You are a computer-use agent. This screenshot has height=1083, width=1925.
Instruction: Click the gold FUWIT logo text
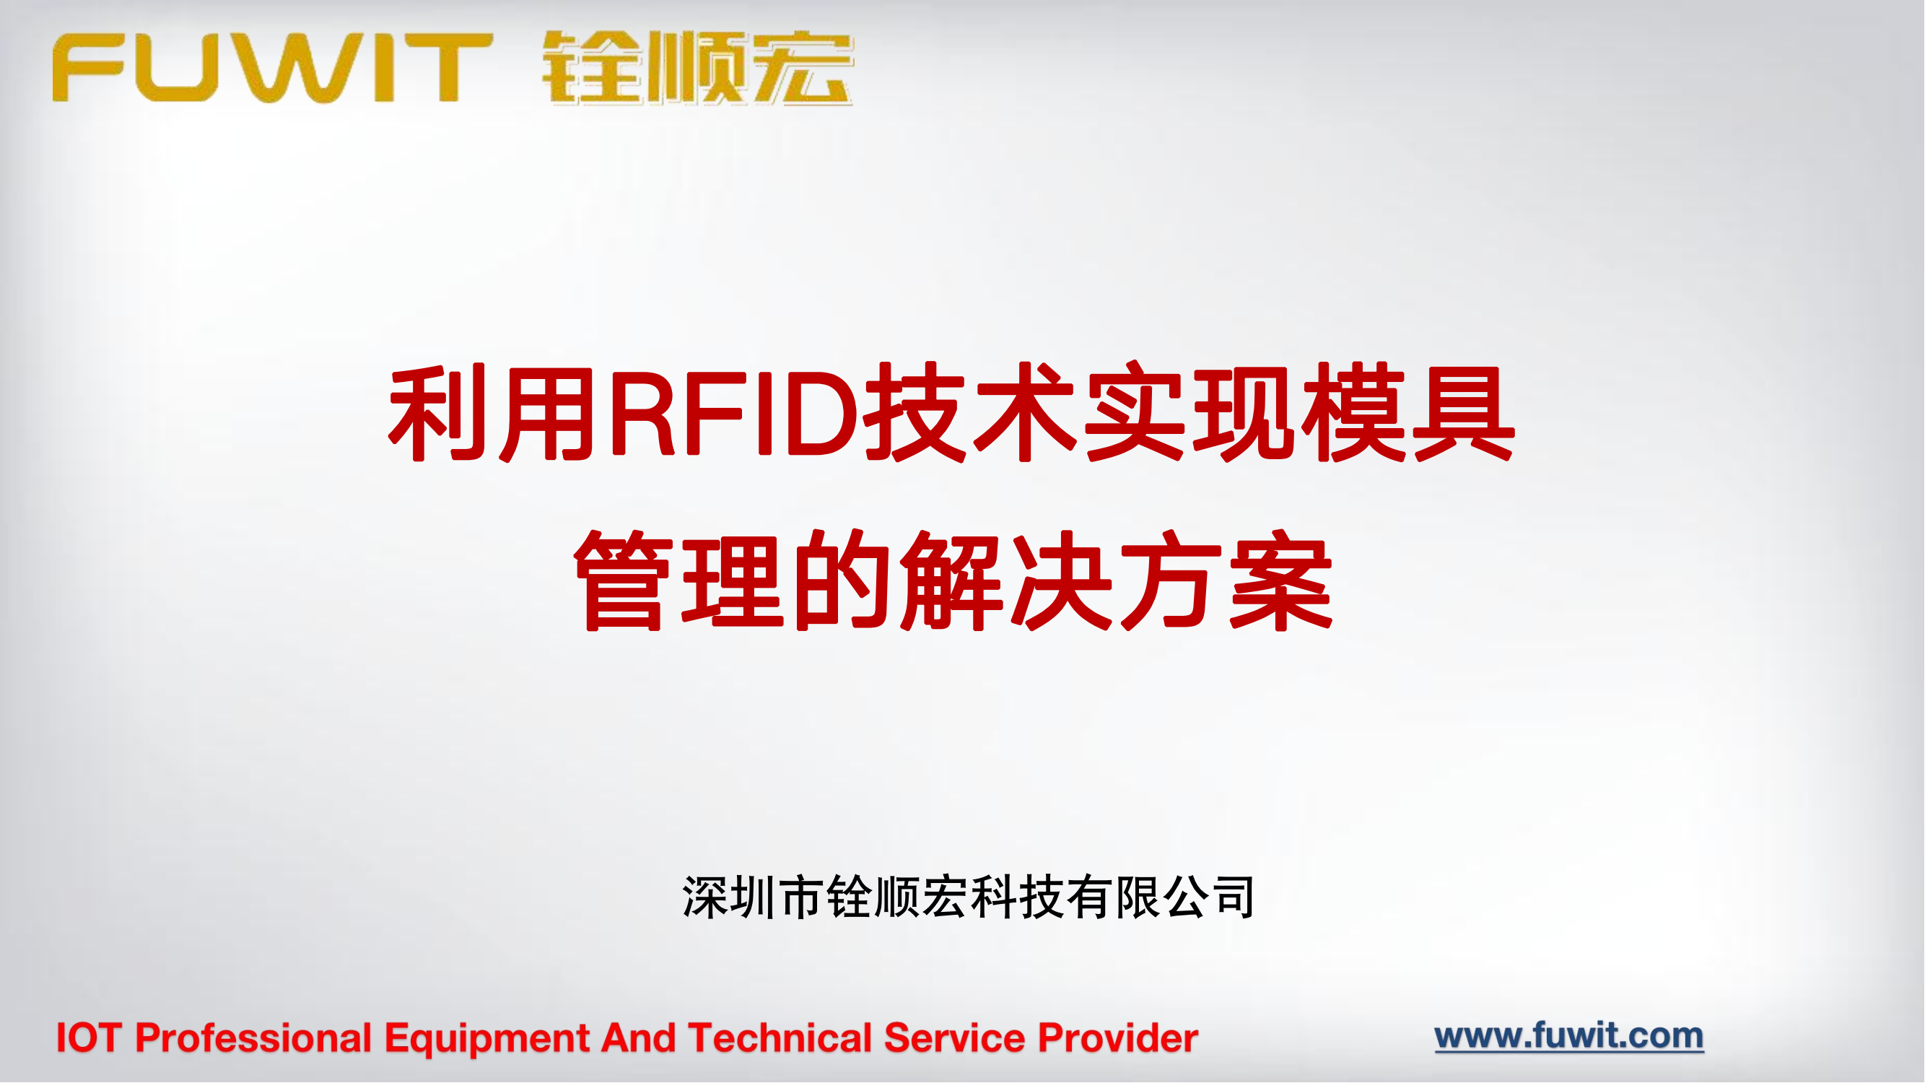coord(273,67)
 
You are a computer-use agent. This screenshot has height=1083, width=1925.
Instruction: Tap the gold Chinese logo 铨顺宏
coord(697,67)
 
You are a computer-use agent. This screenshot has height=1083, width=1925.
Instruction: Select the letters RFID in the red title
coord(735,413)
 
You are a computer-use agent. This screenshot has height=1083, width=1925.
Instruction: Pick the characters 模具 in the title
coord(1410,413)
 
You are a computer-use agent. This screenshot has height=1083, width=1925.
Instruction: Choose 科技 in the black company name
coord(1018,897)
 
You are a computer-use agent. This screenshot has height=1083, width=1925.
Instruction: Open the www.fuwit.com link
coord(1569,1037)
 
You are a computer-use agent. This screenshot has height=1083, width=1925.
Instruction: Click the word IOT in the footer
coord(89,1038)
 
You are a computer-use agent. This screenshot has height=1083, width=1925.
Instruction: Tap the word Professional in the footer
coord(253,1038)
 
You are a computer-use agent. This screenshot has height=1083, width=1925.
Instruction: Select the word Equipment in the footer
coord(487,1038)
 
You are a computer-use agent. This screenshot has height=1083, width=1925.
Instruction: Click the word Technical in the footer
coord(780,1038)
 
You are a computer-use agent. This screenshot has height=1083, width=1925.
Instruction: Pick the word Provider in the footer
coord(1119,1038)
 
